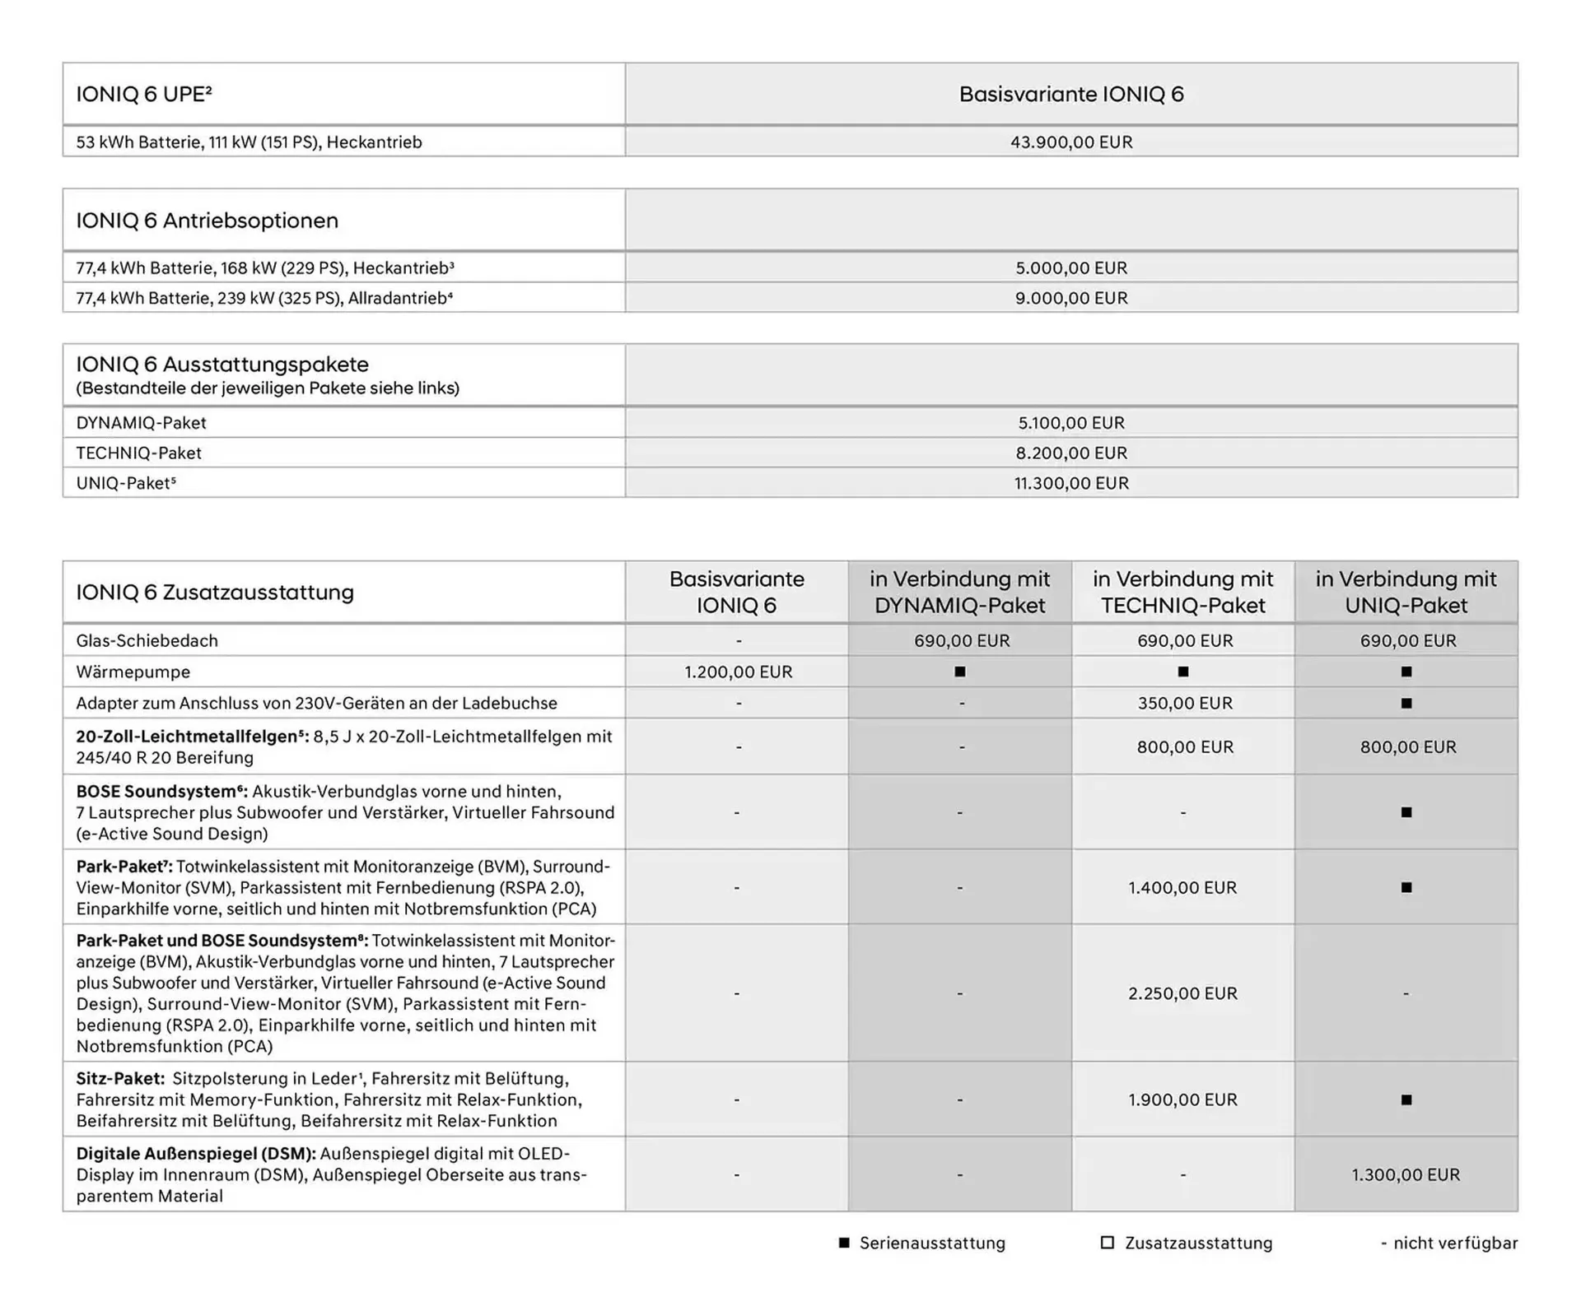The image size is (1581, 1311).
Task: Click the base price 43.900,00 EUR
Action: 1071,142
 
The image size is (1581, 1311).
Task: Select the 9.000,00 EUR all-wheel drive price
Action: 1071,298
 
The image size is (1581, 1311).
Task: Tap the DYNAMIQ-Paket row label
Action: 141,423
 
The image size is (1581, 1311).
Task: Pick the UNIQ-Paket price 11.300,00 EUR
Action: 1071,483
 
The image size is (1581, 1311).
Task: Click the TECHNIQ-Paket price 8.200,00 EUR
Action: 1071,453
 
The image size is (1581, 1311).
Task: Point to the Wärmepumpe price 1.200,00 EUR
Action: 738,672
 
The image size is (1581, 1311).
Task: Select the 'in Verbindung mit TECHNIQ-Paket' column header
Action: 1182,592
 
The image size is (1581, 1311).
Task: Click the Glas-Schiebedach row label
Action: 147,640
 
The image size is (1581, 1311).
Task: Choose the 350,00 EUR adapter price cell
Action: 1184,704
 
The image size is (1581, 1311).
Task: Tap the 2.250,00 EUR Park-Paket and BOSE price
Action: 1182,993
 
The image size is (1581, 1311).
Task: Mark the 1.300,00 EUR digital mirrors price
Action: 1406,1175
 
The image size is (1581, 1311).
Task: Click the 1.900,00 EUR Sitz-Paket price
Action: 1182,1099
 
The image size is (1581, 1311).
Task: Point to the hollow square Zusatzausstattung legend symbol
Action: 1108,1243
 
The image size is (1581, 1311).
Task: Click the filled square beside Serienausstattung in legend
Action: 844,1243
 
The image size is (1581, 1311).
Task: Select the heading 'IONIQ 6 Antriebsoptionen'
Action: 207,221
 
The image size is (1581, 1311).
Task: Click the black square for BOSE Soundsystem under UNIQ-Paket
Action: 1406,812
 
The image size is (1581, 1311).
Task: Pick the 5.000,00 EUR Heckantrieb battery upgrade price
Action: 1071,268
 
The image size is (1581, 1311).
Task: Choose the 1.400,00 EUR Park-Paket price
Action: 1182,888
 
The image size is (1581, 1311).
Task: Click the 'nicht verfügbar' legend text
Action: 1455,1244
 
